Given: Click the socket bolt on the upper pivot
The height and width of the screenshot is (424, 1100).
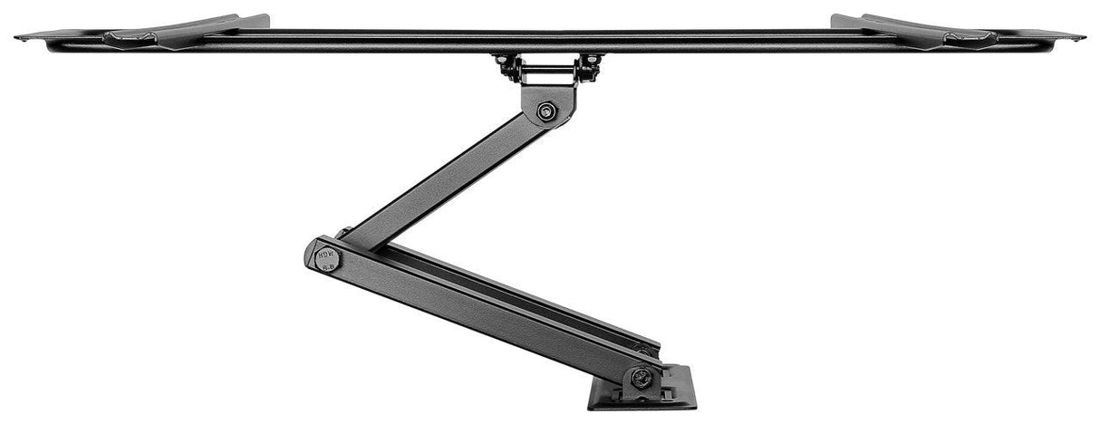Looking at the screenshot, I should click(545, 112).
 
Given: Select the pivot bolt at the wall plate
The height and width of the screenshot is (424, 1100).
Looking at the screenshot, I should click(642, 376).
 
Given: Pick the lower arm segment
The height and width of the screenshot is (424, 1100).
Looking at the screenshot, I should click(480, 308).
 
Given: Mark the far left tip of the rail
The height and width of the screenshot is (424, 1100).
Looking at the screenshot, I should click(18, 37).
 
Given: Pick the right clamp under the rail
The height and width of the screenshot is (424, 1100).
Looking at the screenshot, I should click(590, 66).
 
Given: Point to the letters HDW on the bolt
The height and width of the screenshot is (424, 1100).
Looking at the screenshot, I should click(326, 254).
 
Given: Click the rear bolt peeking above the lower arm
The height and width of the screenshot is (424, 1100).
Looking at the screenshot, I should click(343, 233).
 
